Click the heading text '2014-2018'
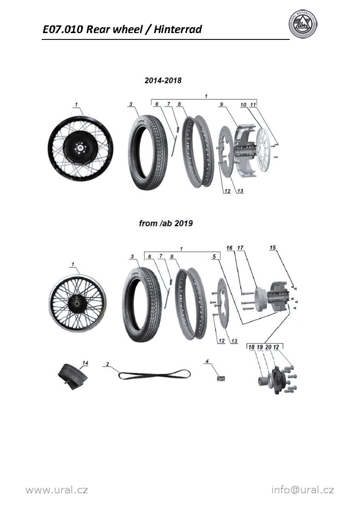(x=163, y=81)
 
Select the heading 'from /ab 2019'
(x=166, y=223)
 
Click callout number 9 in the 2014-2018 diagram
(x=221, y=104)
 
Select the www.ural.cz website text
(x=56, y=490)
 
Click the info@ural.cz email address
(x=303, y=490)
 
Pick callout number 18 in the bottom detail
(x=251, y=347)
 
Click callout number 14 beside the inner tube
(x=85, y=363)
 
